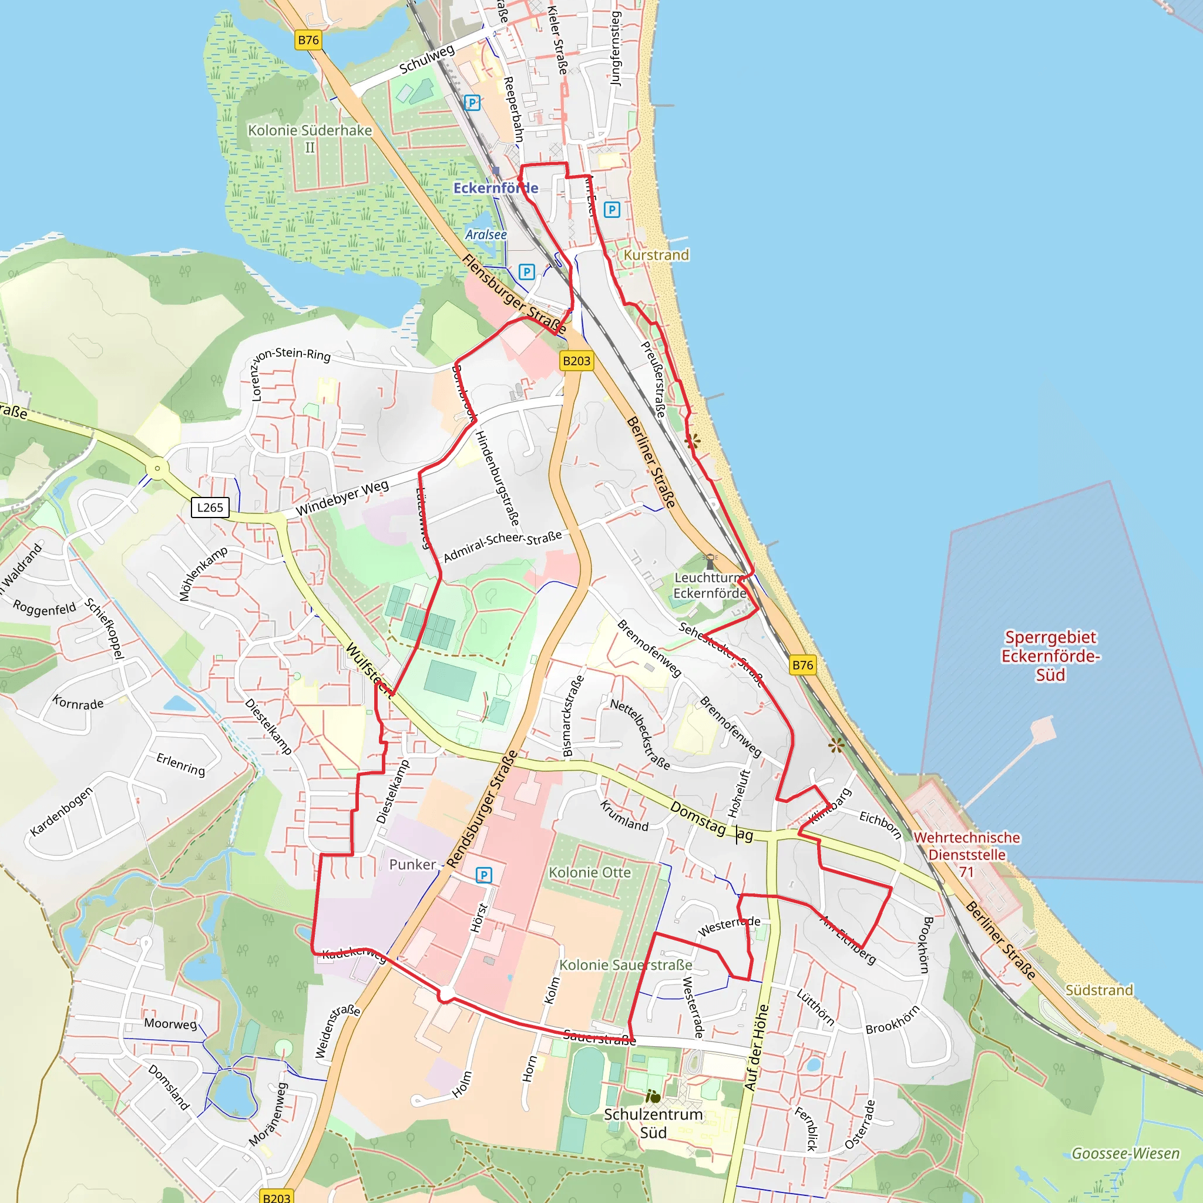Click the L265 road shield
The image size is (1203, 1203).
pyautogui.click(x=210, y=508)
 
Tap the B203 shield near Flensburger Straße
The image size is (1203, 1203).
pyautogui.click(x=576, y=361)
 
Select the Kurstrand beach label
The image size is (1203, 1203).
pyautogui.click(x=656, y=255)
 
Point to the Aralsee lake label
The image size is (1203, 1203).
pyautogui.click(x=486, y=235)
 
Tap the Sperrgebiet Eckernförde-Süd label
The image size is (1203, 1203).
pyautogui.click(x=1050, y=656)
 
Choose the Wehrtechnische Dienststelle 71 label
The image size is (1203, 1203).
pyautogui.click(x=966, y=854)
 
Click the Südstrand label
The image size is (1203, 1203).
pyautogui.click(x=1099, y=990)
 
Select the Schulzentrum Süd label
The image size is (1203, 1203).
pyautogui.click(x=653, y=1123)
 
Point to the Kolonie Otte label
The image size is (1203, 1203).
pyautogui.click(x=590, y=872)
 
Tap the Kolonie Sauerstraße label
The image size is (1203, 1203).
pyautogui.click(x=625, y=965)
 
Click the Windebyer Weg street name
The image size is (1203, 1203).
pyautogui.click(x=342, y=498)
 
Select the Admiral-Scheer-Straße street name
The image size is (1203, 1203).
pyautogui.click(x=502, y=546)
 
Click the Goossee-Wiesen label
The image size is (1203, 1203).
pyautogui.click(x=1125, y=1153)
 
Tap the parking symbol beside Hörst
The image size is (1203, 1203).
pyautogui.click(x=484, y=875)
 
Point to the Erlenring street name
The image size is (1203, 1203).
pyautogui.click(x=180, y=764)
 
